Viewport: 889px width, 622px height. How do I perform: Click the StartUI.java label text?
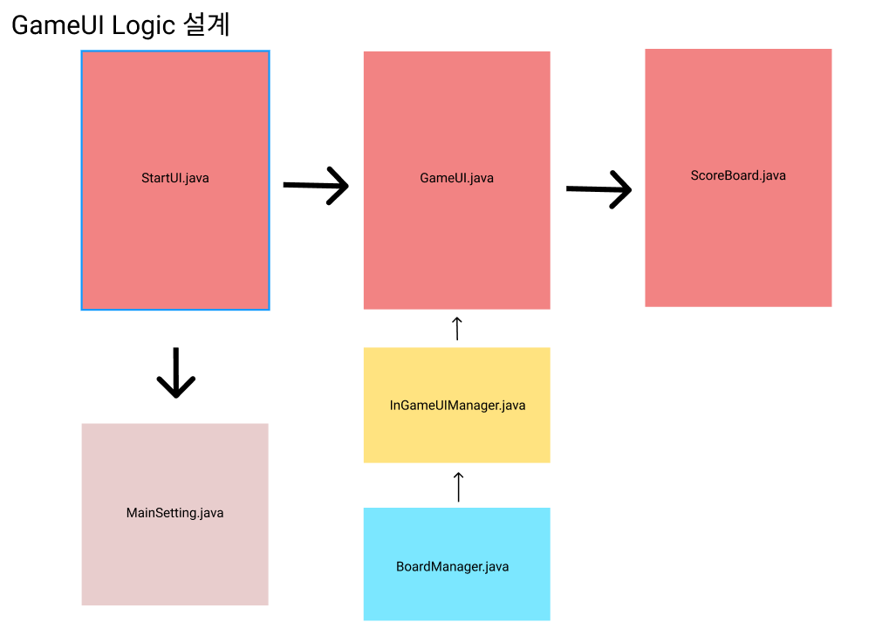(174, 178)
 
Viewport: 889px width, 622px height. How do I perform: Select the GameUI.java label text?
(456, 178)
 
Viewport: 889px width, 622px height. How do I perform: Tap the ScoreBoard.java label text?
(737, 175)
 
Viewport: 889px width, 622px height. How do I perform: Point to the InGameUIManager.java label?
(457, 406)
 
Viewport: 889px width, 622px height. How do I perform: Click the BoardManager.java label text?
(452, 566)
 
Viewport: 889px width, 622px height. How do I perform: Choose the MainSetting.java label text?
(174, 513)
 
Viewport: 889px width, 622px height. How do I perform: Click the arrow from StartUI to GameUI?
(316, 185)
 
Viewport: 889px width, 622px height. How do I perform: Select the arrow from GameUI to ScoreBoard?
(598, 189)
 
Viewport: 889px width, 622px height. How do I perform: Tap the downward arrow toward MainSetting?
(175, 373)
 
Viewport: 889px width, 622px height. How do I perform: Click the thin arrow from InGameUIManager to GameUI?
(457, 329)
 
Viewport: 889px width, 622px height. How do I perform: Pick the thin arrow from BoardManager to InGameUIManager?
(458, 487)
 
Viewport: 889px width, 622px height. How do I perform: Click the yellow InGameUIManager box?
(456, 436)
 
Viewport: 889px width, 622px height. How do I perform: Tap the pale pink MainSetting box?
(174, 558)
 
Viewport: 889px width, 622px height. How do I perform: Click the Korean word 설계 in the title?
(207, 24)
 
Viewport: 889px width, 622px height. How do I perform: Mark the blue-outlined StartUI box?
(174, 244)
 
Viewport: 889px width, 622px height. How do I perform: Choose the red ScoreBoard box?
(737, 244)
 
